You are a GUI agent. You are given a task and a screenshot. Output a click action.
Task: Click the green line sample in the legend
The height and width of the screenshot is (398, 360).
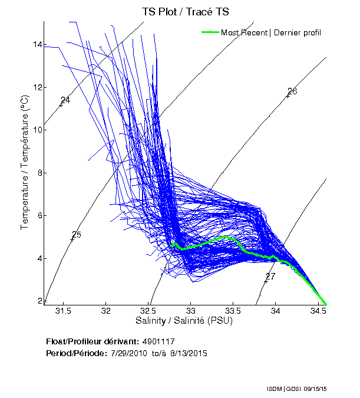[210, 32]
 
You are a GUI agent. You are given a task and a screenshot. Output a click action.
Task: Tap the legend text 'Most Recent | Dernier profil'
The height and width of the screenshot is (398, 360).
[271, 32]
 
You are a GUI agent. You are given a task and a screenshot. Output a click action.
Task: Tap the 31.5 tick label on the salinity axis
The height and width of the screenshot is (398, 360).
[63, 311]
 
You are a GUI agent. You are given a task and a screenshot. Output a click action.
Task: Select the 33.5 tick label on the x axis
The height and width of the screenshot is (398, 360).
[233, 311]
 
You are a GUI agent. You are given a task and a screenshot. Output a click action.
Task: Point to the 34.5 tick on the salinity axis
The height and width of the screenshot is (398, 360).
[318, 311]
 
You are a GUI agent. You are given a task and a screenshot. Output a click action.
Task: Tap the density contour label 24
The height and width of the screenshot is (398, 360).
[65, 100]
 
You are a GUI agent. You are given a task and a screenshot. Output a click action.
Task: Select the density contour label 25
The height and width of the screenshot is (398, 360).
[76, 235]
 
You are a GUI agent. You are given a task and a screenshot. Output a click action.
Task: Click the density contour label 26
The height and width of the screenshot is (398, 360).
[292, 91]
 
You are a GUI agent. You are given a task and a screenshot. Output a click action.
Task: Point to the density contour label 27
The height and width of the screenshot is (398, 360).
[270, 277]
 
